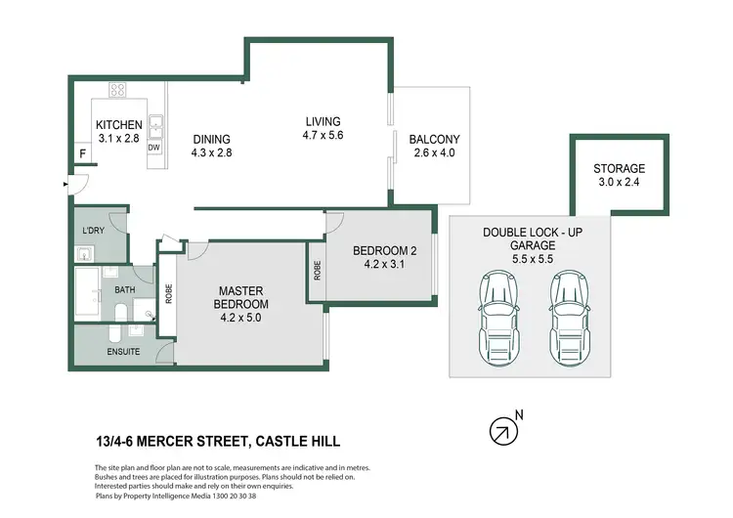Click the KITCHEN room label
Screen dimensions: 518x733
(119, 125)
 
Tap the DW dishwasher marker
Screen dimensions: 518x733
(154, 148)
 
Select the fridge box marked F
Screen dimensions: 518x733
(83, 154)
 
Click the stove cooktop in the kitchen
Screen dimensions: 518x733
(117, 90)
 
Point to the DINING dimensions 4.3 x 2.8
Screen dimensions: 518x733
(212, 152)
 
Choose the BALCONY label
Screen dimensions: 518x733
(434, 139)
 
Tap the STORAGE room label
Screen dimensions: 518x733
(619, 168)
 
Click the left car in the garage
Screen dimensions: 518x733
(498, 314)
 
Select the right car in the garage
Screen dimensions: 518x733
(569, 314)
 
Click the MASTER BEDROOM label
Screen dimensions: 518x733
(243, 297)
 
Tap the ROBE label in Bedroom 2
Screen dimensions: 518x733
(318, 270)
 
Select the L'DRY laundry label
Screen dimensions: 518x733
(94, 230)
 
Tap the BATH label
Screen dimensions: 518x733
(123, 289)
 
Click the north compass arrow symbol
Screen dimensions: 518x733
(502, 428)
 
